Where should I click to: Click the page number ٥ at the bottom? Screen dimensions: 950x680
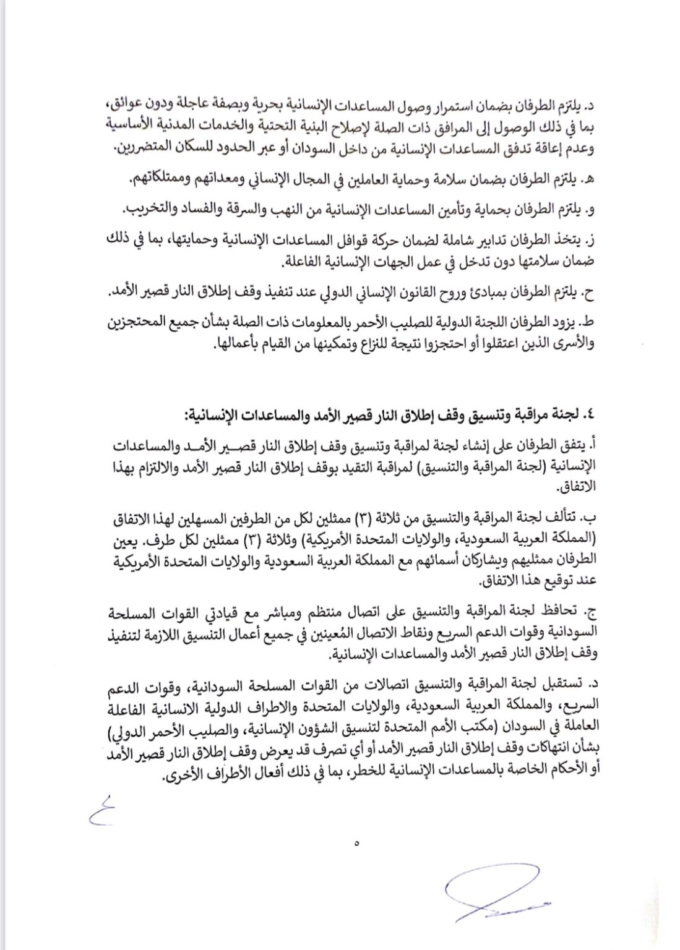point(358,842)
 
